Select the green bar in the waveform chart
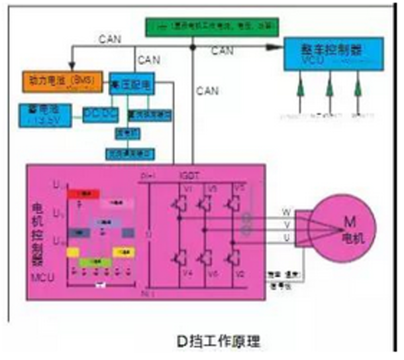click(95, 263)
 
